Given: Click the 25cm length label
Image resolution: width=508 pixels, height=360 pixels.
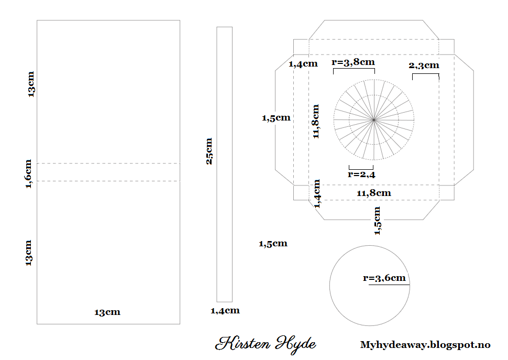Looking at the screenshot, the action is (209, 151).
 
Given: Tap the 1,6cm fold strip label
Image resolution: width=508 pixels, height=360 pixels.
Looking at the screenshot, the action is (28, 173).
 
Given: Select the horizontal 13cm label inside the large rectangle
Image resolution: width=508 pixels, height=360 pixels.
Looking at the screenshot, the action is (107, 312).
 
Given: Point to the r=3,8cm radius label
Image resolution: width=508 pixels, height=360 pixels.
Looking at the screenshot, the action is (353, 62).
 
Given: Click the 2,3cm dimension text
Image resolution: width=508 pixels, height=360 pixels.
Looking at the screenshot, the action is (424, 66).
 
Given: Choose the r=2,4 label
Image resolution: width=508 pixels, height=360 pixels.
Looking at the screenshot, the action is (361, 174).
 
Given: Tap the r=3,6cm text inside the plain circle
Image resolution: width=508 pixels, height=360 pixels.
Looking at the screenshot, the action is (384, 278).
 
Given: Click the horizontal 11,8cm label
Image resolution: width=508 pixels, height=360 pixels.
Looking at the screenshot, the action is (374, 193).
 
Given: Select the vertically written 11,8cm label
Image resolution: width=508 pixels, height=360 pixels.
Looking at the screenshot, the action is (316, 121).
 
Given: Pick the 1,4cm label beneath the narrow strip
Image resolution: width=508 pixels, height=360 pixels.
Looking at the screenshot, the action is (225, 311).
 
